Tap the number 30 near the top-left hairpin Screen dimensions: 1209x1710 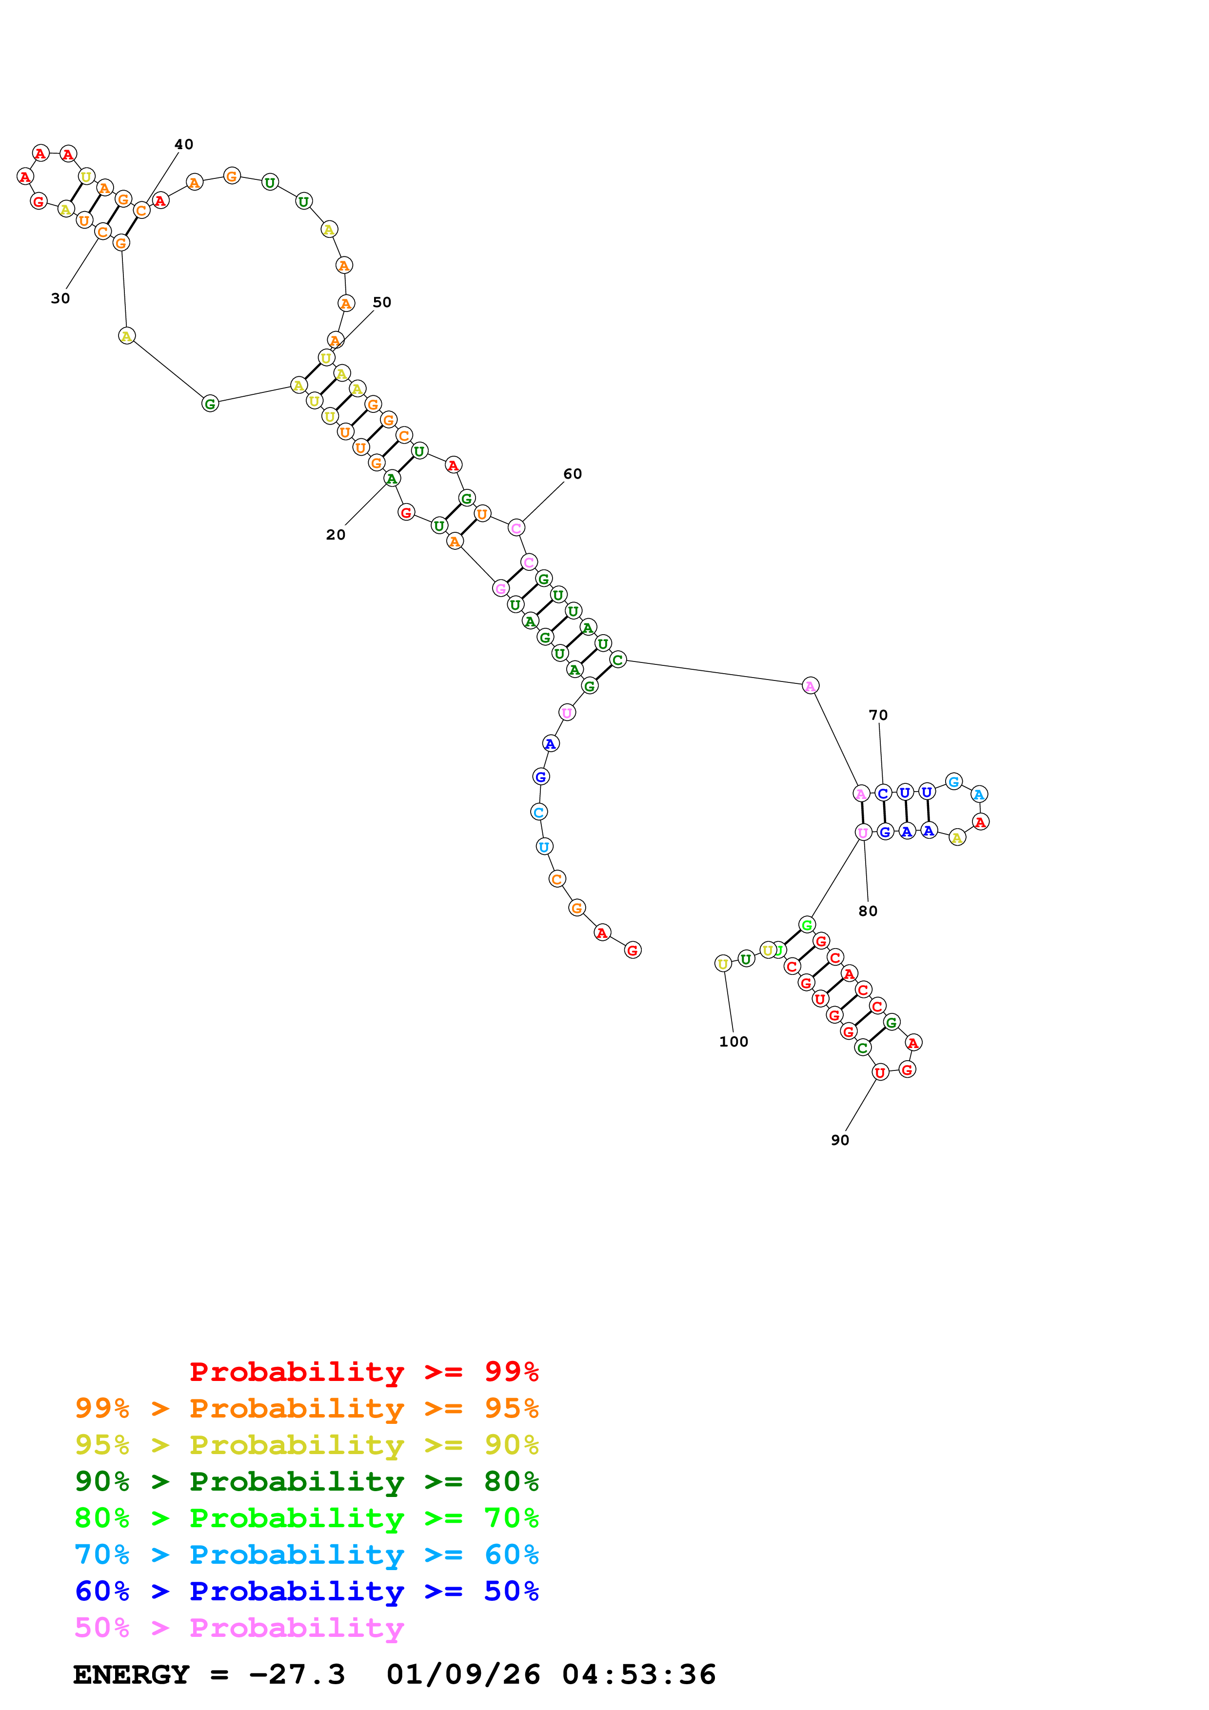point(60,299)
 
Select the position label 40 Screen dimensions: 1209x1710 point(183,144)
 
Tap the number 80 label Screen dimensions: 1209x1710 point(867,911)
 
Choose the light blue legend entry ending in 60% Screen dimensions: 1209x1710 point(306,1555)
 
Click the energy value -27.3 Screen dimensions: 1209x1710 point(297,1674)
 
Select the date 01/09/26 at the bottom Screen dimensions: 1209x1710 point(463,1674)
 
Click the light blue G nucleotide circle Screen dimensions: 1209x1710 point(953,781)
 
